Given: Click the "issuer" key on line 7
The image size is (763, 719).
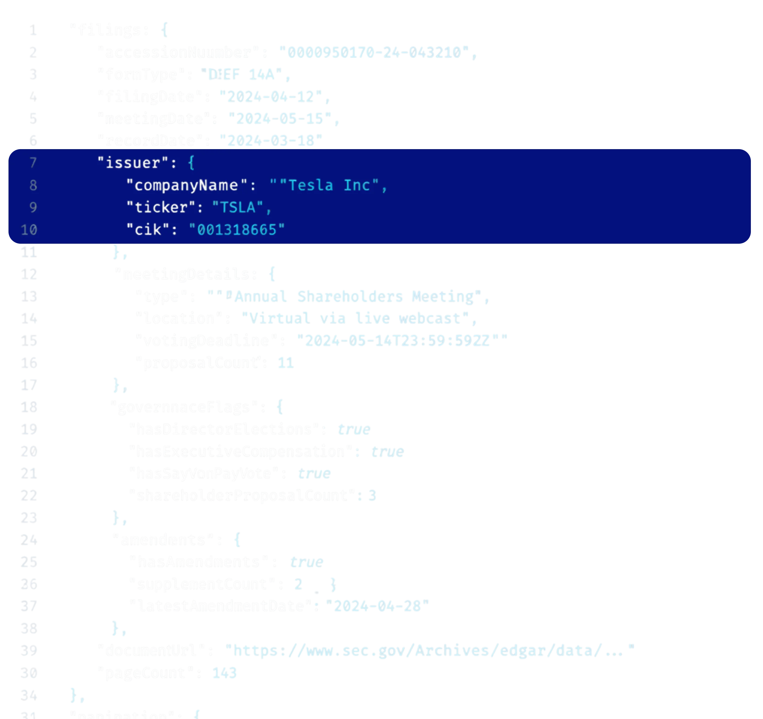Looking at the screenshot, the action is [x=133, y=163].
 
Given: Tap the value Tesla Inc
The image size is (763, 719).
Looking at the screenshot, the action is [x=329, y=185].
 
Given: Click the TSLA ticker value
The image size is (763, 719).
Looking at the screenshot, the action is [x=238, y=208].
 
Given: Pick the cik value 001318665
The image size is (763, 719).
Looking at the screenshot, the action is [x=237, y=230].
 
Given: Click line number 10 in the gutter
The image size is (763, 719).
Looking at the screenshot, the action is [x=29, y=230].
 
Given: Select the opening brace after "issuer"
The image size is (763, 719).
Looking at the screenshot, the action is [x=191, y=163].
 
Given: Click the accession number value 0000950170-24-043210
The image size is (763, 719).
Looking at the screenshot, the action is [x=374, y=52].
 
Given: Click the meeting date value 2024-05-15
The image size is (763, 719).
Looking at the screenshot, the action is [x=280, y=119].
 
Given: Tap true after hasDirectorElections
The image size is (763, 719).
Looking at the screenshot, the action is [x=354, y=429].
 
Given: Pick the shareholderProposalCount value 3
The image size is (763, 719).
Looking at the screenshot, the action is [x=371, y=496].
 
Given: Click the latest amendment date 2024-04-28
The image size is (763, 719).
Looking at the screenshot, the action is [x=377, y=607].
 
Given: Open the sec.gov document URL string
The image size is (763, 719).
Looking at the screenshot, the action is [x=430, y=651].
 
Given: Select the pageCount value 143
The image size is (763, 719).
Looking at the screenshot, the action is [x=224, y=673].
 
